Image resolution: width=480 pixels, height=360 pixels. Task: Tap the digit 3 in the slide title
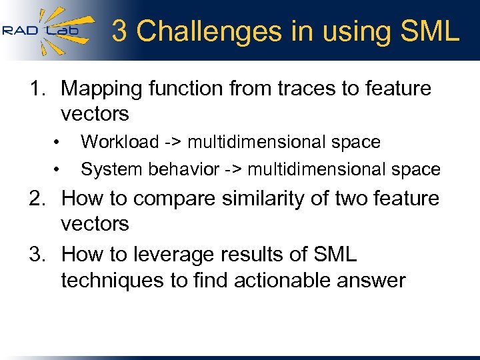click(x=121, y=31)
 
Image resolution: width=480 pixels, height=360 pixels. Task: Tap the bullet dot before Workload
click(x=59, y=143)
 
